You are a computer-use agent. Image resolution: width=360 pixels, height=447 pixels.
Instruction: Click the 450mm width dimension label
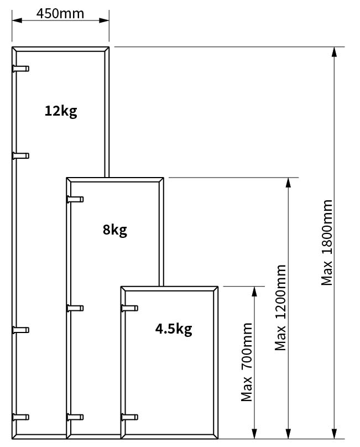coord(60,13)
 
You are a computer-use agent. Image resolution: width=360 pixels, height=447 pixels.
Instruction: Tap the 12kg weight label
coord(61,111)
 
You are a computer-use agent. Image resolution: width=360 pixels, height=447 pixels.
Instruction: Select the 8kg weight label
coord(115,230)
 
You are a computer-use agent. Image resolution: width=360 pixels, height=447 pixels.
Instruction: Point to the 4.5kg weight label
coord(174,329)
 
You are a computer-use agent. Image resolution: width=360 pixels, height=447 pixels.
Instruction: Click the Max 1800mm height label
coord(327,243)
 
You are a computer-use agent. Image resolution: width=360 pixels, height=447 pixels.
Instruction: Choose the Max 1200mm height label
coord(280,308)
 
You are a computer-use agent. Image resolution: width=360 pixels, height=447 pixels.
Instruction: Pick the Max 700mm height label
coord(247,362)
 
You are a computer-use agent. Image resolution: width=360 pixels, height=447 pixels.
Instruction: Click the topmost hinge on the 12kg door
coord(20,69)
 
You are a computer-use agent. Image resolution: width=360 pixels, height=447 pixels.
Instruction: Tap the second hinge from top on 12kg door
coord(20,155)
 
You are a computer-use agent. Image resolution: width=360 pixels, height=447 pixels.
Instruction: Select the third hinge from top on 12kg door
coord(20,330)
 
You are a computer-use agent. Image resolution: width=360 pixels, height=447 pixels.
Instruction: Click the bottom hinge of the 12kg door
coord(20,417)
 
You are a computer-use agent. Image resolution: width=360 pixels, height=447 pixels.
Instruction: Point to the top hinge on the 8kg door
coord(75,199)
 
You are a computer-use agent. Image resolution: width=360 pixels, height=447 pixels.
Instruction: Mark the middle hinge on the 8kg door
coord(75,308)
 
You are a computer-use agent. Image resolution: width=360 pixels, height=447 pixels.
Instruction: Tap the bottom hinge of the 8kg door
coord(75,417)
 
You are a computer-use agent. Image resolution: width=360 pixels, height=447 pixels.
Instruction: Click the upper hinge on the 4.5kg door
coord(129,308)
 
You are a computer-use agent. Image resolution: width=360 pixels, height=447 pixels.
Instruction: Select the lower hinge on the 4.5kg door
coord(129,417)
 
